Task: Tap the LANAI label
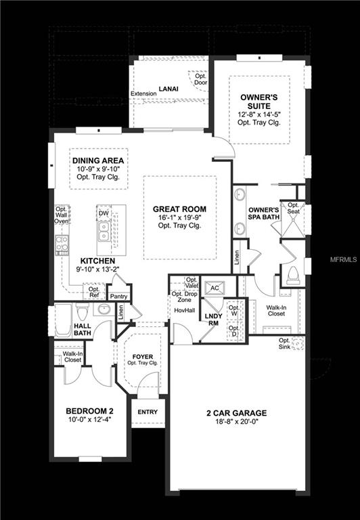168,89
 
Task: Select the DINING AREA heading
99,160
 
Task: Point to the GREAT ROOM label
179,209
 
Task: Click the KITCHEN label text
97,261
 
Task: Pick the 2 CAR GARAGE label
237,412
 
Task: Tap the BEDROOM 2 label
89,411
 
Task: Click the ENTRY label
147,412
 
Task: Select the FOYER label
142,355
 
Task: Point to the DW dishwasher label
104,213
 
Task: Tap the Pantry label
119,296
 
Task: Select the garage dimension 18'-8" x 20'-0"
237,422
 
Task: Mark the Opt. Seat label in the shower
293,209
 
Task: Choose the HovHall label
184,311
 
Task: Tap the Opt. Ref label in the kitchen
94,292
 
